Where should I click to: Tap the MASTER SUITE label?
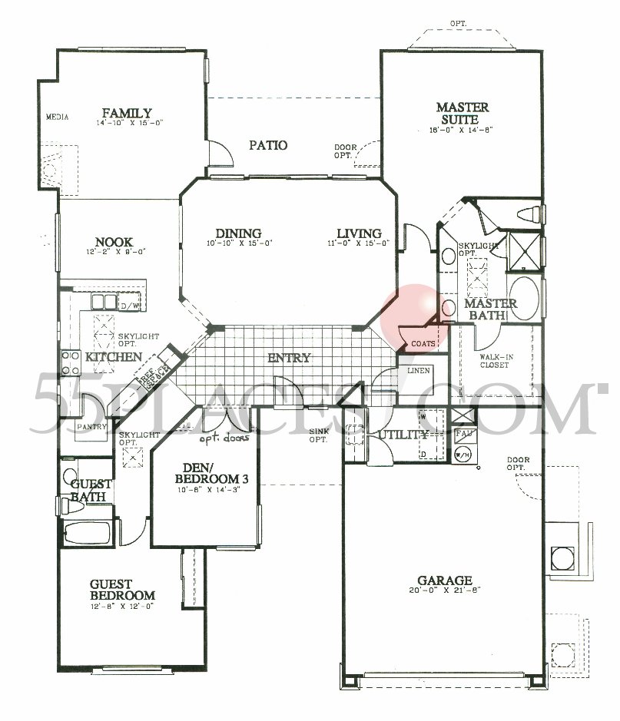pyautogui.click(x=463, y=114)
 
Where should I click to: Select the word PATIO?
pyautogui.click(x=267, y=144)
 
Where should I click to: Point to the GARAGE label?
pyautogui.click(x=445, y=580)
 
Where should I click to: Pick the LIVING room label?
pyautogui.click(x=359, y=233)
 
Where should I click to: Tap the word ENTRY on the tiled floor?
pyautogui.click(x=289, y=358)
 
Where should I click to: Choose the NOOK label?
pyautogui.click(x=115, y=240)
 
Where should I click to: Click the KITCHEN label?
pyautogui.click(x=113, y=357)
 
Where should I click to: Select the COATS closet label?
pyautogui.click(x=423, y=343)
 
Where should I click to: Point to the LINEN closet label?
pyautogui.click(x=418, y=371)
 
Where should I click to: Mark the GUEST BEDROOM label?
pyautogui.click(x=122, y=590)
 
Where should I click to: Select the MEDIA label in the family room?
pyautogui.click(x=58, y=117)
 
